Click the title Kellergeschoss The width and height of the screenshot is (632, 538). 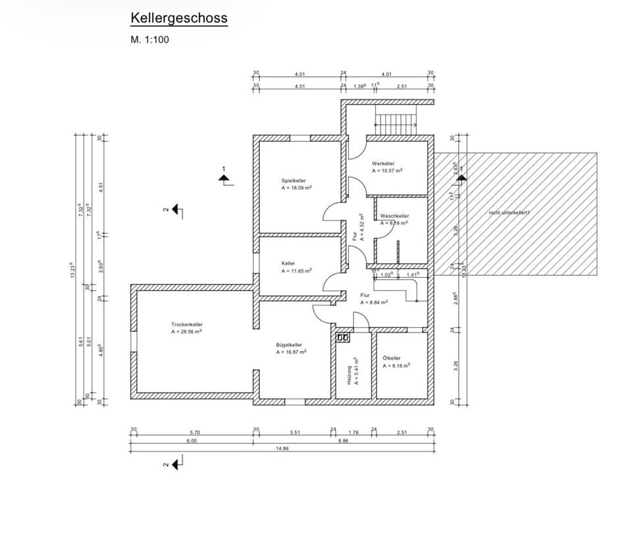178,18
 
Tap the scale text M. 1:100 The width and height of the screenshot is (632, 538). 149,40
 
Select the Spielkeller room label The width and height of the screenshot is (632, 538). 294,180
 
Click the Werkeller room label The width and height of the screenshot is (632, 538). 383,163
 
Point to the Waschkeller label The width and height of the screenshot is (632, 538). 394,216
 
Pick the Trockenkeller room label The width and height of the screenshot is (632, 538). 187,325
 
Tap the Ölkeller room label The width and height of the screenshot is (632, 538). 392,358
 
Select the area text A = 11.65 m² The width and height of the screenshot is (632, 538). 296,271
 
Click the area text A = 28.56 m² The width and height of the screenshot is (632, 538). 186,332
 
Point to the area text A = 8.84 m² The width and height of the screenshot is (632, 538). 374,302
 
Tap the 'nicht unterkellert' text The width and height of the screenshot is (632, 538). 509,213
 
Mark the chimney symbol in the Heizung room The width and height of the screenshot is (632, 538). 342,338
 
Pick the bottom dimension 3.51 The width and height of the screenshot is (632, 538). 295,433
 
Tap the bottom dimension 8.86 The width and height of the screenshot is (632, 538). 343,441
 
